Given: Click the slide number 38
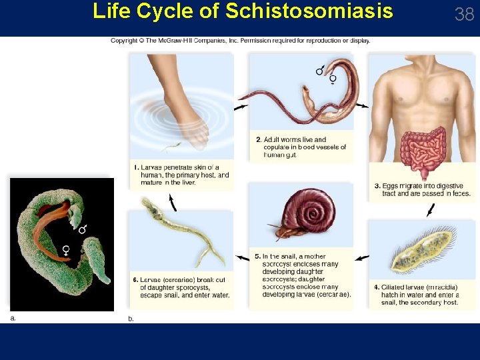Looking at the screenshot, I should tap(464, 14).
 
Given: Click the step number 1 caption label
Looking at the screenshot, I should tap(135, 167).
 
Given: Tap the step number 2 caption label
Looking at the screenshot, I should tap(259, 139).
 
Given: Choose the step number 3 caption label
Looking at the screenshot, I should tap(377, 186).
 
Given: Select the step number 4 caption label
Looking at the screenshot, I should tap(377, 287).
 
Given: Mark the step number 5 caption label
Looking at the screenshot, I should tap(257, 256).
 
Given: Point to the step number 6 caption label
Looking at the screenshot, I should tap(135, 279).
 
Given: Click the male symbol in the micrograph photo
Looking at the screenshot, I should tap(83, 229).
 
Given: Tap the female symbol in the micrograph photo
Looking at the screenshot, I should tap(67, 249).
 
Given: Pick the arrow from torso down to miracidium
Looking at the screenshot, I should tap(430, 210).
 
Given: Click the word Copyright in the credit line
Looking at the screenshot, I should tap(124, 41).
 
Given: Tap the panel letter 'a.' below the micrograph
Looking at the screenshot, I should tap(13, 318).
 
